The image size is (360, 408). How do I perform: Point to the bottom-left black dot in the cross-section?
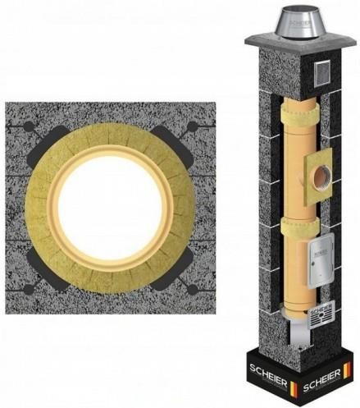[x=29, y=289]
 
